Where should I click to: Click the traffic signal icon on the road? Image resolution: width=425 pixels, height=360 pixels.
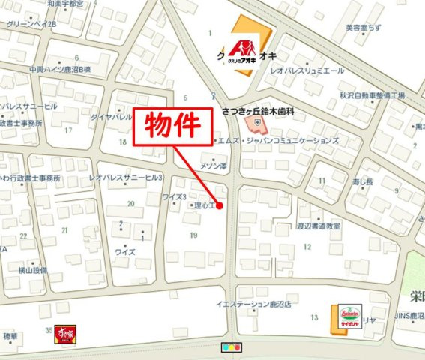tap(232, 348)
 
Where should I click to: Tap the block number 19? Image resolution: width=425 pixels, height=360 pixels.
tap(193, 235)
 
